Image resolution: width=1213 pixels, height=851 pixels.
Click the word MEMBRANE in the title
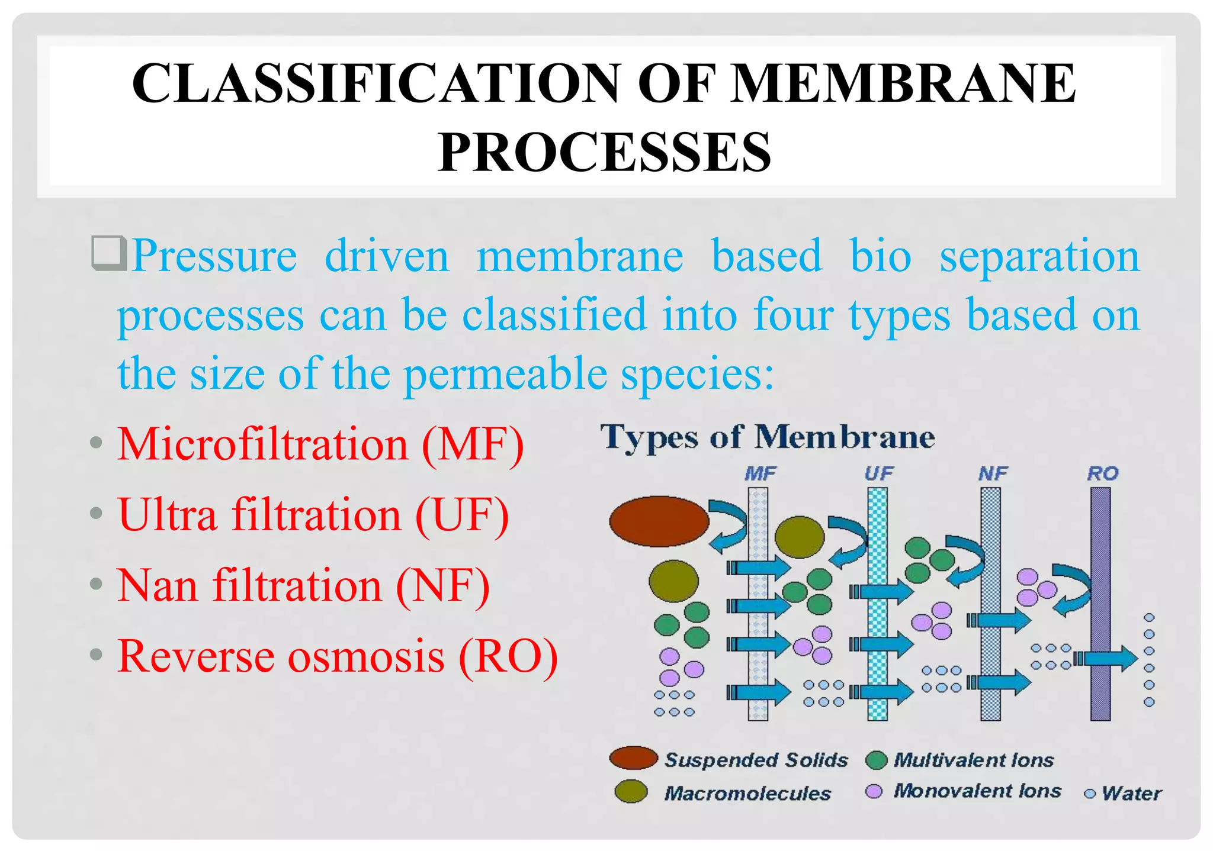point(903,83)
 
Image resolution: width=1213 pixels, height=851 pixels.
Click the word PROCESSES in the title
point(605,153)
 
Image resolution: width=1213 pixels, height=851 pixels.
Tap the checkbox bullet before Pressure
point(108,253)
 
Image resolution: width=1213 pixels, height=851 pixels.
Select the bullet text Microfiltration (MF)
point(320,444)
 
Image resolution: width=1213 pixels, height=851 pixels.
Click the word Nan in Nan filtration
point(157,586)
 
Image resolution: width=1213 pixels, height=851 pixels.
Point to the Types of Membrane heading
point(768,438)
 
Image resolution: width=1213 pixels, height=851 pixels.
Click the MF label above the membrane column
point(760,473)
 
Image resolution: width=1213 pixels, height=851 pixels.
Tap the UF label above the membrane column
point(878,473)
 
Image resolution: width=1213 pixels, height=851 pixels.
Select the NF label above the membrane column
point(993,473)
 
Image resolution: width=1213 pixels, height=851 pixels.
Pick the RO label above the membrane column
point(1102,473)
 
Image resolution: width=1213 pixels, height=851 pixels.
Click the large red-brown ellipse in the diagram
point(659,521)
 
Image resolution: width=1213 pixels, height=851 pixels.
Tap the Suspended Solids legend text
point(756,760)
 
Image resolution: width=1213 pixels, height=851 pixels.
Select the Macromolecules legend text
point(747,793)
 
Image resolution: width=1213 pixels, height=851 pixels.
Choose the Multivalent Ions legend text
point(974,760)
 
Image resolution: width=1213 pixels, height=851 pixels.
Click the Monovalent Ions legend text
point(977,791)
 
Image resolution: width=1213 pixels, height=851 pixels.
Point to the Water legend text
point(1131,793)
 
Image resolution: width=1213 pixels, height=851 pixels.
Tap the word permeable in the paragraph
point(505,374)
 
